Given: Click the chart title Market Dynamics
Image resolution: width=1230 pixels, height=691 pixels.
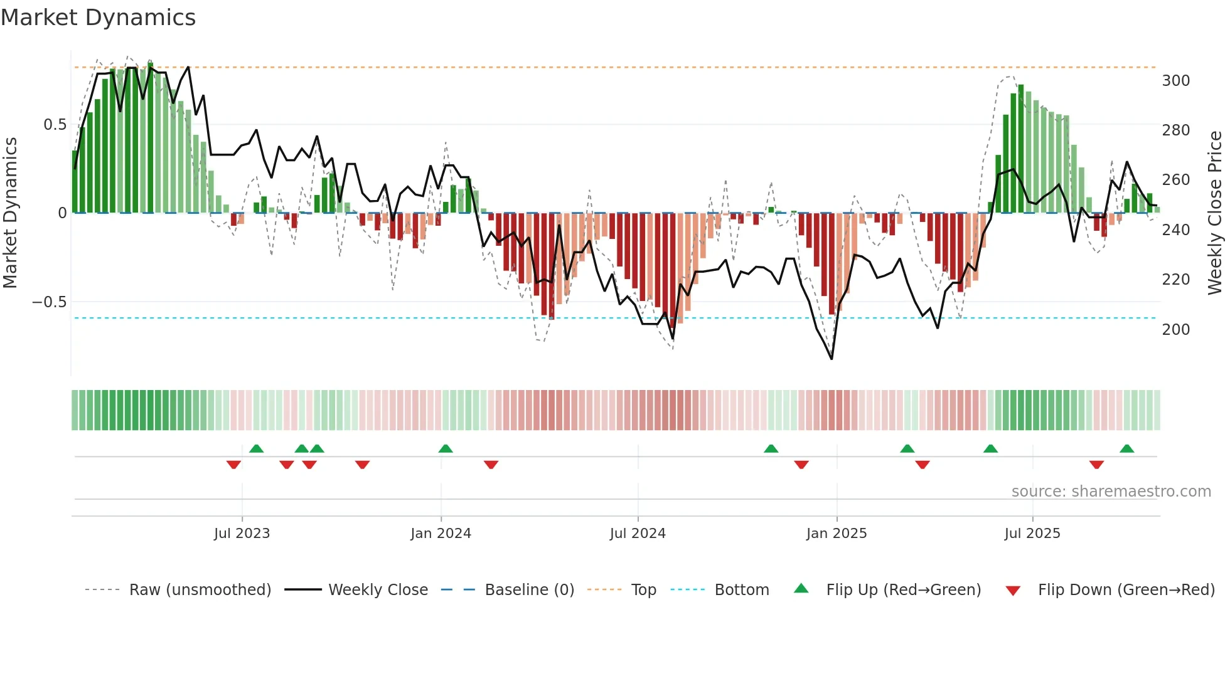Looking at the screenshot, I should click(98, 18).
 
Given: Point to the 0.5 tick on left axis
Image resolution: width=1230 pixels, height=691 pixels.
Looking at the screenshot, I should click(55, 125).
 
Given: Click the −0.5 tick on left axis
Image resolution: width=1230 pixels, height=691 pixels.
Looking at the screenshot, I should click(49, 302).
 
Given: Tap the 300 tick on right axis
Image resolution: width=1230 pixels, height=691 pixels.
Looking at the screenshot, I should click(1175, 81).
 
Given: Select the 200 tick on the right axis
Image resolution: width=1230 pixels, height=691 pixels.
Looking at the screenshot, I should click(1175, 329).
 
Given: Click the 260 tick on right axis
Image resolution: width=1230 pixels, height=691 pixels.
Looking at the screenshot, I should click(1175, 180).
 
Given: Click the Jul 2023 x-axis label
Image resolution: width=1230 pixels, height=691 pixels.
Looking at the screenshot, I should click(242, 534).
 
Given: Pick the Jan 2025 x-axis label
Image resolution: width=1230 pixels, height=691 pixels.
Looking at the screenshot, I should click(836, 534).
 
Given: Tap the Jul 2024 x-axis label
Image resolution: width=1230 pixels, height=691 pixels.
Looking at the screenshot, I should click(637, 534).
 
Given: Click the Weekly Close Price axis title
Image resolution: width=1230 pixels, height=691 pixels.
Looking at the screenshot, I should click(1215, 213).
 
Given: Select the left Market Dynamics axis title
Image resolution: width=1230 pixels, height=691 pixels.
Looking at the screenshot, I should click(10, 213).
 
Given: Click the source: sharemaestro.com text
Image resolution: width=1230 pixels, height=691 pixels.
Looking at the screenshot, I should click(1111, 492).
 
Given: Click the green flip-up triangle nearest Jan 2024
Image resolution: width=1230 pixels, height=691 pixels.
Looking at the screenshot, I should click(446, 448).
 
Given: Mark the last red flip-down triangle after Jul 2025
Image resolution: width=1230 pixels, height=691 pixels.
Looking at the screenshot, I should click(1096, 465).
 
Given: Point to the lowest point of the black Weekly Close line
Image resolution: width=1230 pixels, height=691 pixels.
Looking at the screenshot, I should click(832, 359).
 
